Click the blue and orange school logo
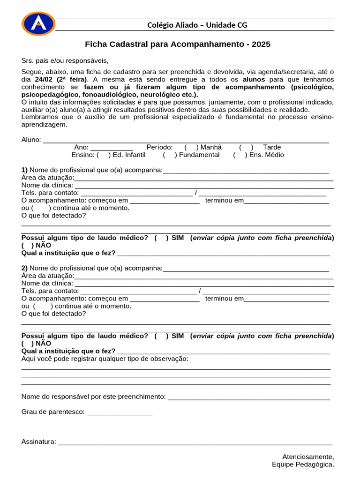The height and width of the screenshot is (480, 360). coord(38,24)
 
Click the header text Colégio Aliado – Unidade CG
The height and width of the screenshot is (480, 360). coord(197,25)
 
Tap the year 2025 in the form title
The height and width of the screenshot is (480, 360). coord(261,45)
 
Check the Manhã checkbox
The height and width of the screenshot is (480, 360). coord(191,147)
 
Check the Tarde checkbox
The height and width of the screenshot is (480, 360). coord(246,147)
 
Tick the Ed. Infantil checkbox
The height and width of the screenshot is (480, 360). coord(103,155)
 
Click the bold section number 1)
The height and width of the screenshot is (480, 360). coord(24,170)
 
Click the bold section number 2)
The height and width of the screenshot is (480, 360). coord(24,268)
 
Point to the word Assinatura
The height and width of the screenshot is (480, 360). coord(38,442)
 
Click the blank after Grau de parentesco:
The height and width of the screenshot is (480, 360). coord(120,412)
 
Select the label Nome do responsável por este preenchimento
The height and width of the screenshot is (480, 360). coord(93,397)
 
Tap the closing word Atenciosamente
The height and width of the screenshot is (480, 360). coord(308,457)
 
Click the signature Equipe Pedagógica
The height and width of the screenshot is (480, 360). coord(303,465)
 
